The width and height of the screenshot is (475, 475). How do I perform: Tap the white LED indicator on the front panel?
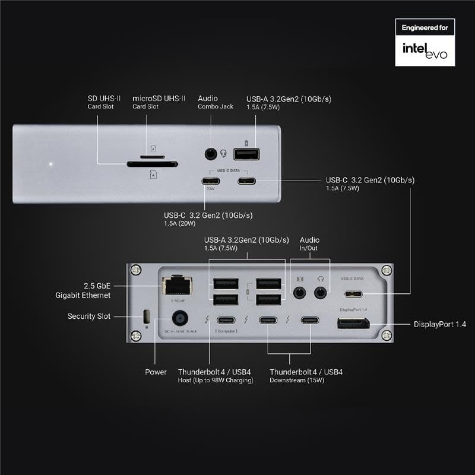click(51, 164)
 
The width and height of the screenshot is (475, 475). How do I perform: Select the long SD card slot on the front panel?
click(152, 165)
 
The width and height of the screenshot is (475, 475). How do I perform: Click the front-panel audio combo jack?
click(210, 154)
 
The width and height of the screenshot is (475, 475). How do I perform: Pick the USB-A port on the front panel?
click(246, 154)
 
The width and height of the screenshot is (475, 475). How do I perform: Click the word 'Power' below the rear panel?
click(156, 372)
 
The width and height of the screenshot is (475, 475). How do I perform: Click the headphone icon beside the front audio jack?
click(224, 154)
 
